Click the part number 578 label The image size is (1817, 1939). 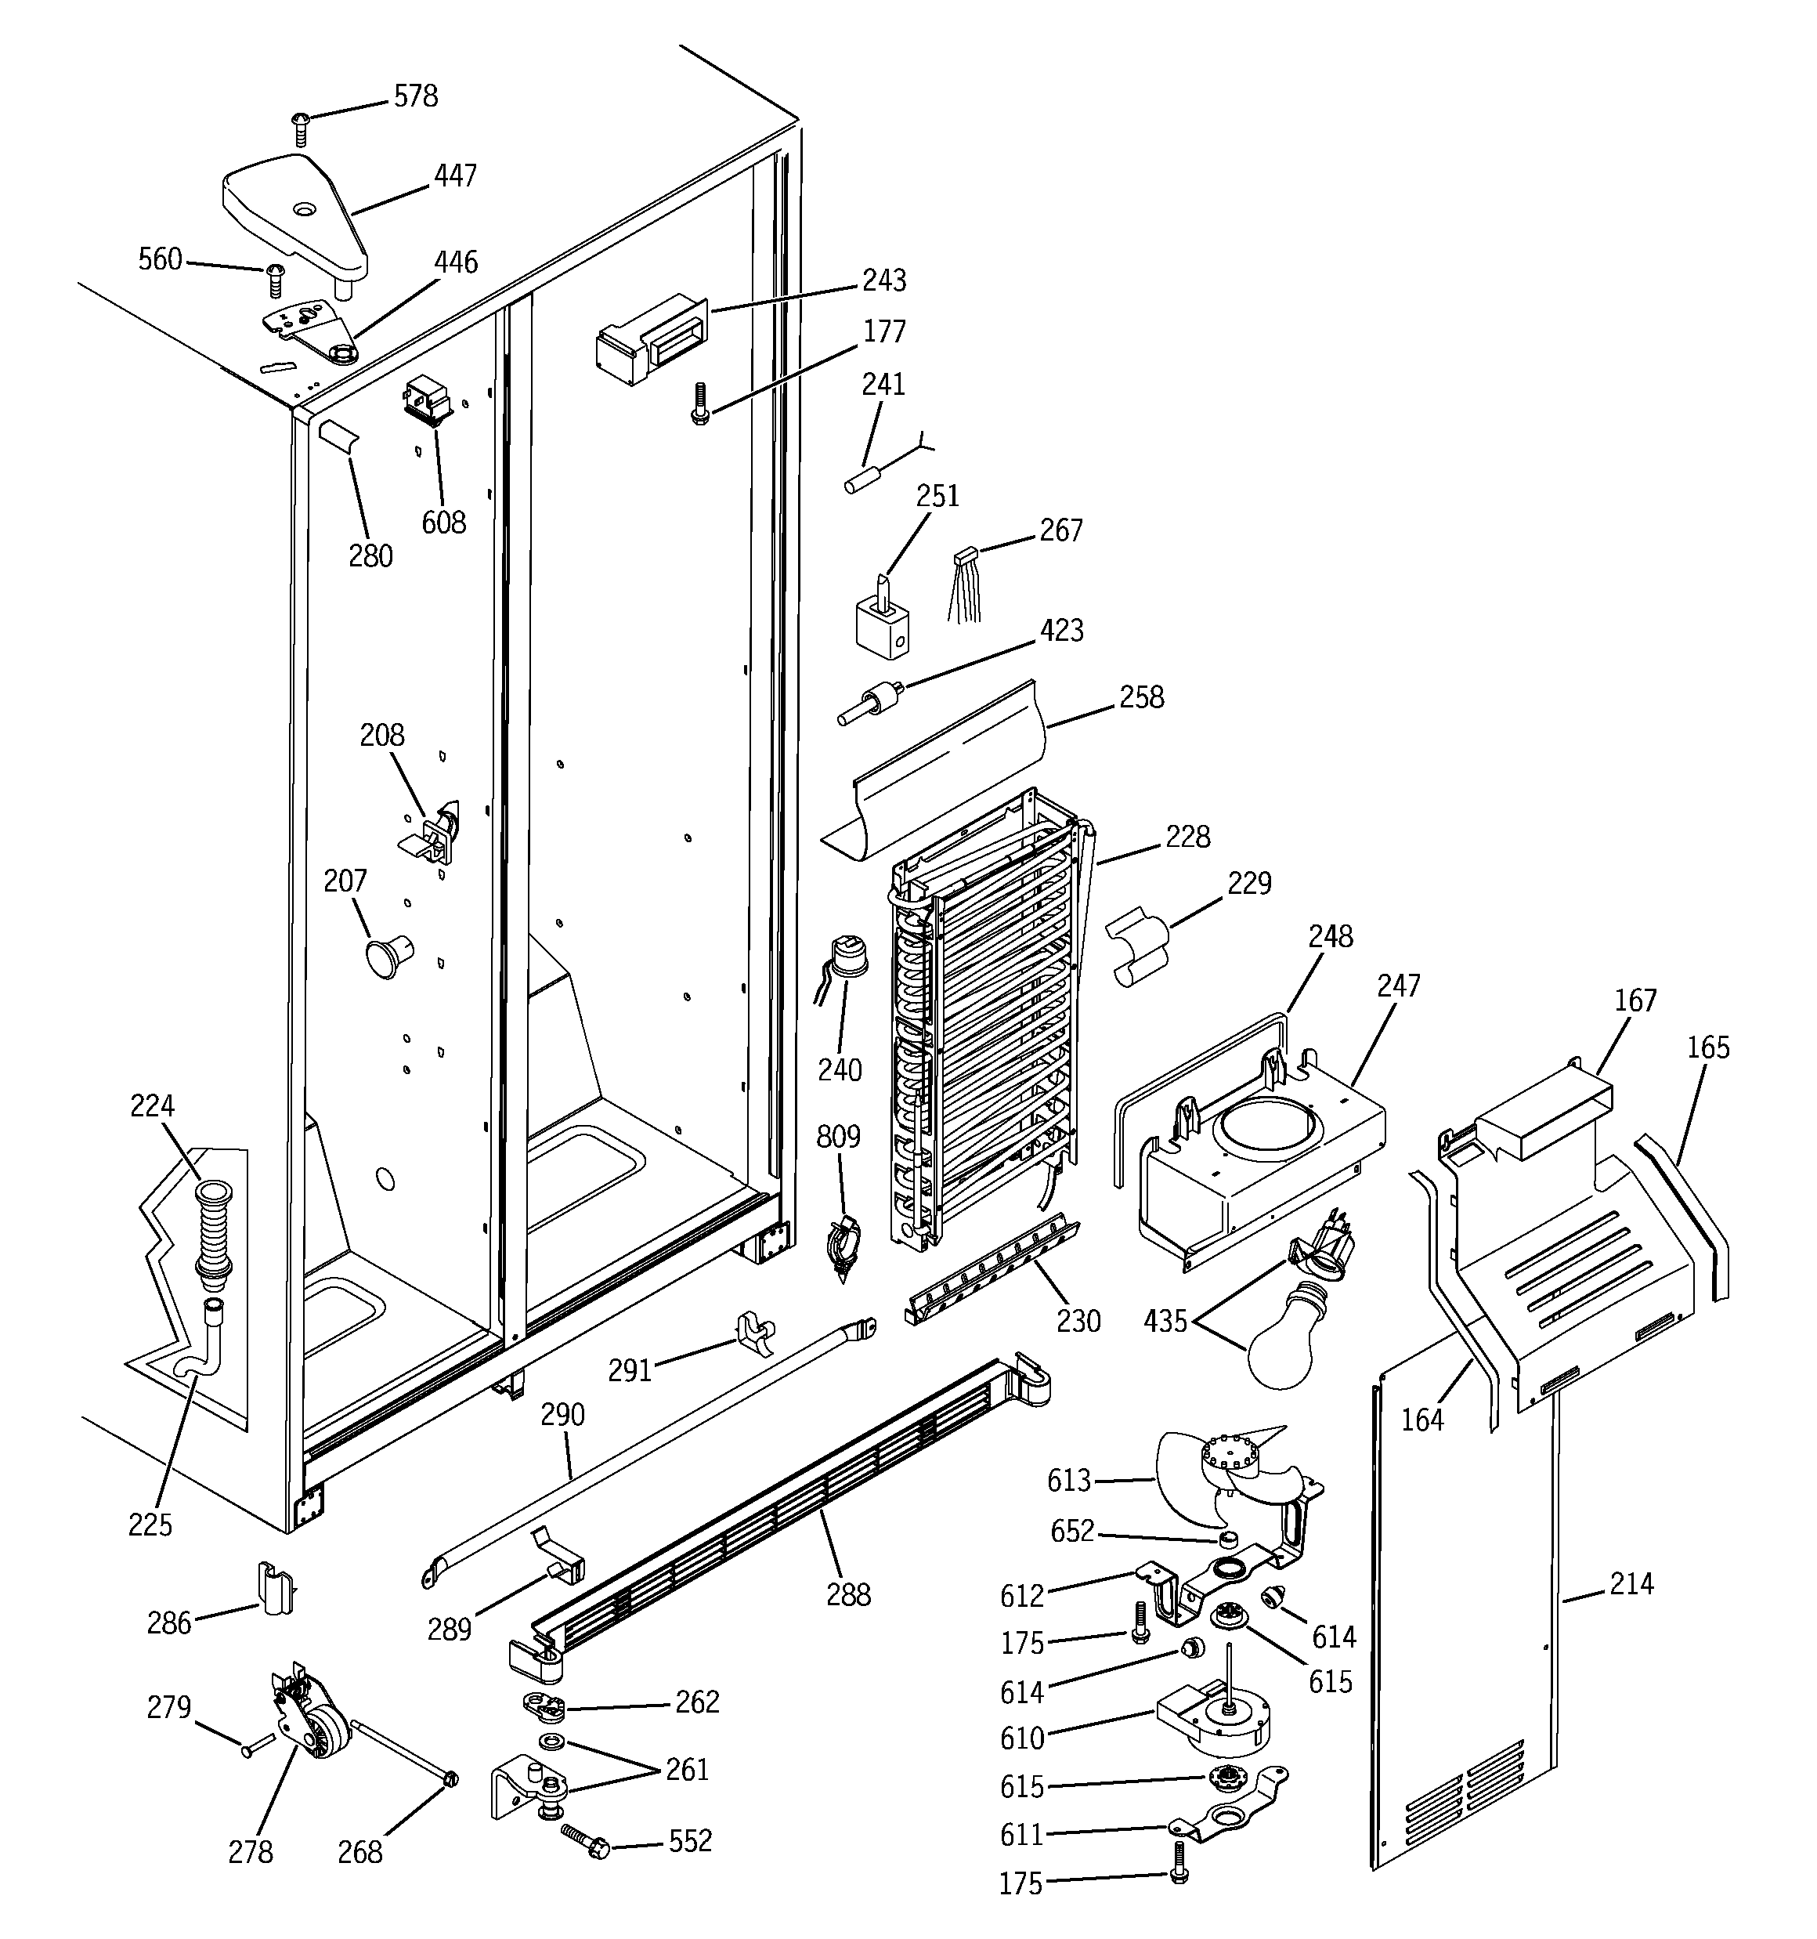[415, 96]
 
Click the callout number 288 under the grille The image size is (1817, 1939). [847, 1595]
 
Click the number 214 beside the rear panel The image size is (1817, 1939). [1631, 1584]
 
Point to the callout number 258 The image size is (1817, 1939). [1141, 697]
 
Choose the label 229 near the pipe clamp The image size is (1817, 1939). [1249, 884]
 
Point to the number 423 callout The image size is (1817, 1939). [1061, 631]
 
